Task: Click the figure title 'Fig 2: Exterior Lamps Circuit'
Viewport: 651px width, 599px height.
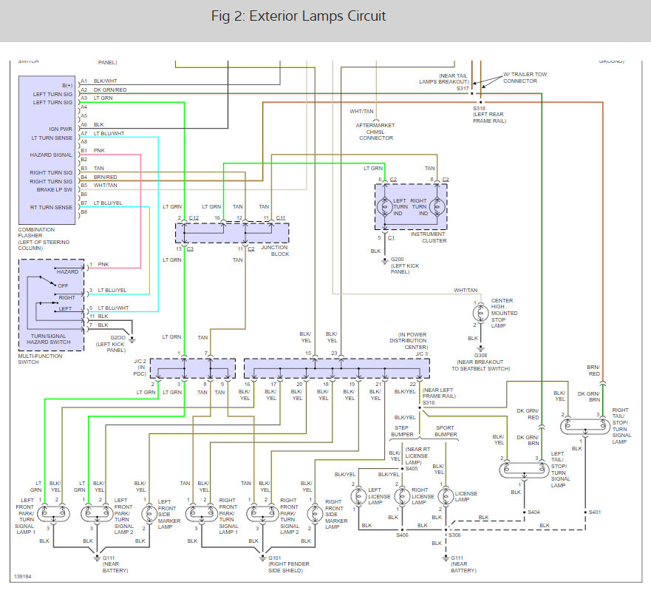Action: [298, 16]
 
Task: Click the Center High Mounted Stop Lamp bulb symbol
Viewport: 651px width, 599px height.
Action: [480, 312]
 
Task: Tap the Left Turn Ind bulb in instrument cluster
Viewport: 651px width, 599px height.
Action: [385, 206]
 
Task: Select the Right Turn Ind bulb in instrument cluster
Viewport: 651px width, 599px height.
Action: [437, 206]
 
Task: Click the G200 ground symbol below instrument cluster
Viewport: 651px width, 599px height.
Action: [385, 262]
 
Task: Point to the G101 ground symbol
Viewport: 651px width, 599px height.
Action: [262, 558]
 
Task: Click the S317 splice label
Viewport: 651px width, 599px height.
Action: [463, 89]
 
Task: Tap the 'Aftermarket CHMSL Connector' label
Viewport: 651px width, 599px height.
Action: [375, 132]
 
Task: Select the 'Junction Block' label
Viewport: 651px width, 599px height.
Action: [275, 251]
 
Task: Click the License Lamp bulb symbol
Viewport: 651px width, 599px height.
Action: [446, 496]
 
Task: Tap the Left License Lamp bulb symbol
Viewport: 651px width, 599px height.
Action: [358, 496]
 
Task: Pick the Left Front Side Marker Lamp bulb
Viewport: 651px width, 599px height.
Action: [149, 514]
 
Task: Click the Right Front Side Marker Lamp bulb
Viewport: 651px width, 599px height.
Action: [315, 514]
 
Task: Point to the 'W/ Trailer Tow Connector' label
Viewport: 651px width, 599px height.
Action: [525, 78]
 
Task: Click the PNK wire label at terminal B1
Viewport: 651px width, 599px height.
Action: [99, 150]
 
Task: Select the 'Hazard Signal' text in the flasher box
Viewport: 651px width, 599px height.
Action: [51, 155]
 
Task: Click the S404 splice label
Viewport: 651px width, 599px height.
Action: [534, 512]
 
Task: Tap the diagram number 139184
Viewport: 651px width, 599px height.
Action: [22, 577]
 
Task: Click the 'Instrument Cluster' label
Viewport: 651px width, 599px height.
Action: [428, 237]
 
